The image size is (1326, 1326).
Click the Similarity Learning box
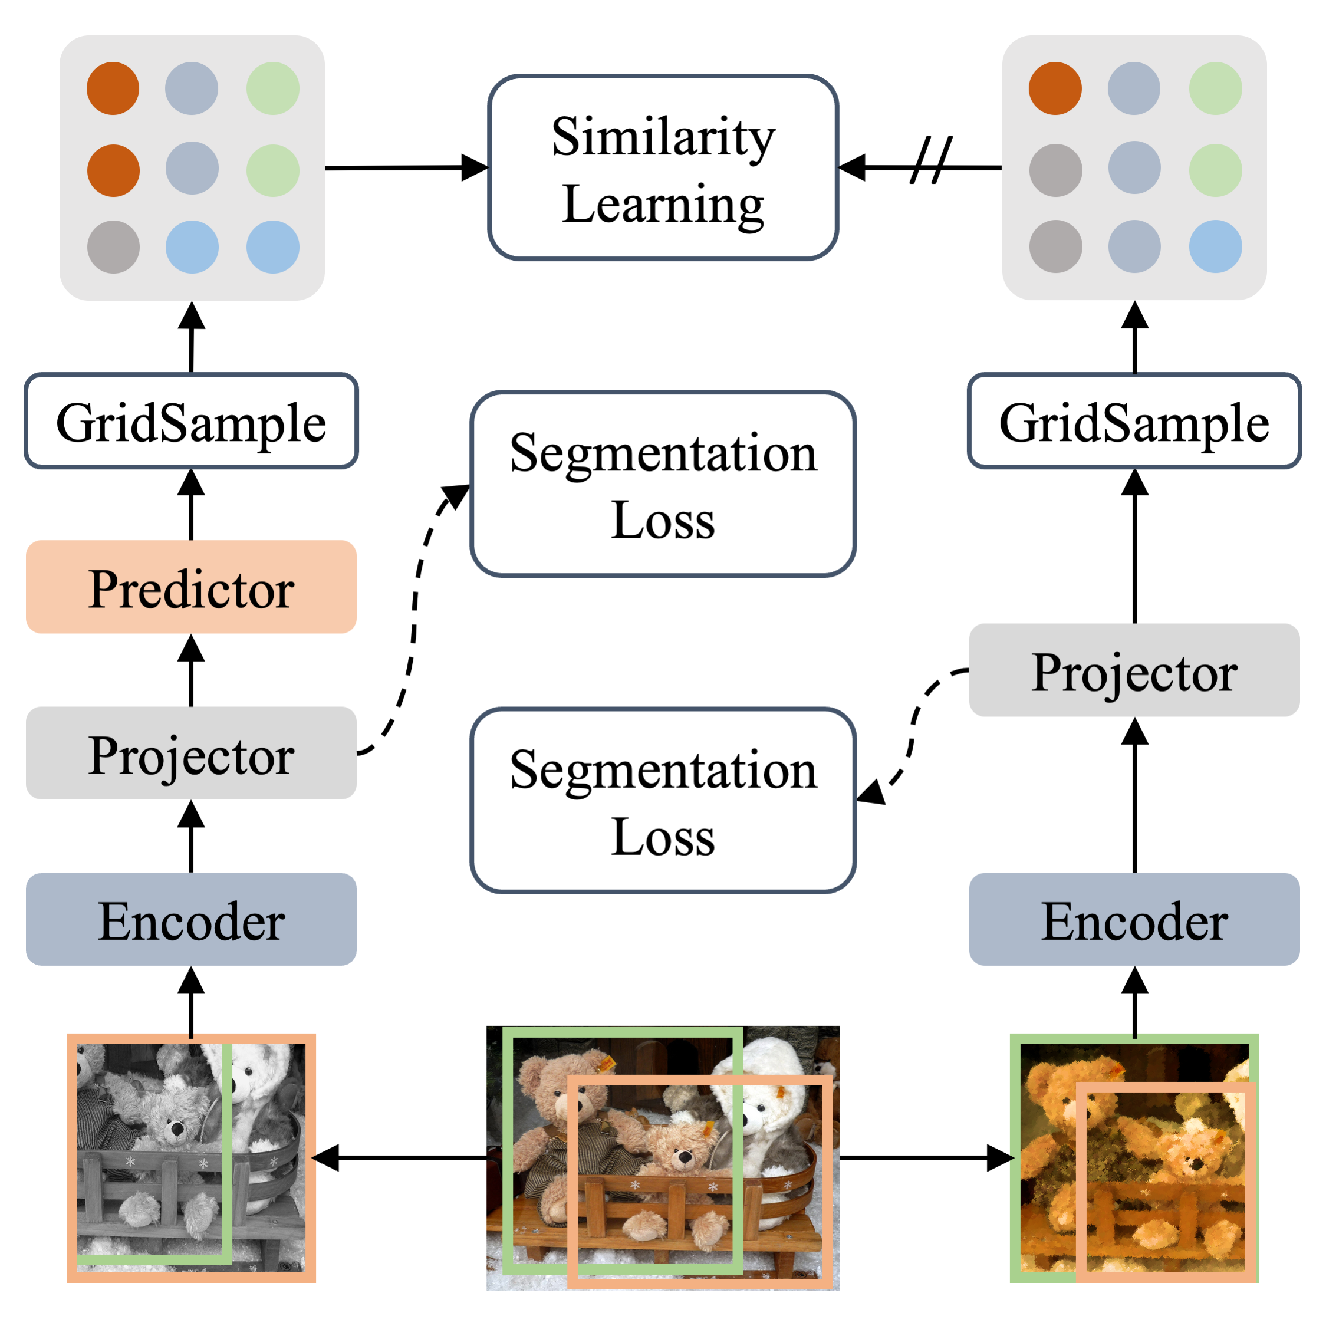(662, 167)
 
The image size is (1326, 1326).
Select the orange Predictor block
(191, 587)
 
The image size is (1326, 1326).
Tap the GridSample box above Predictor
(191, 421)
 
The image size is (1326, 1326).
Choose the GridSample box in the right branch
(1134, 421)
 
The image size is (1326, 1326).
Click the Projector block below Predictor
(191, 753)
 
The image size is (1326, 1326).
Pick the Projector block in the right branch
(1134, 670)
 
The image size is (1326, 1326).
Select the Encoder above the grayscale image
(191, 919)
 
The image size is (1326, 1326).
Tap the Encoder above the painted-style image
(1134, 919)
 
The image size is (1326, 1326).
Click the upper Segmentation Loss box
(662, 484)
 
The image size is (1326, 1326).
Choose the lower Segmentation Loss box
(662, 800)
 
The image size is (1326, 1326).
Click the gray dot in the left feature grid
(113, 247)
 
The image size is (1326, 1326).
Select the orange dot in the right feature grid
(1055, 88)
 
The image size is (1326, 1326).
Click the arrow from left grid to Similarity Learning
(405, 167)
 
